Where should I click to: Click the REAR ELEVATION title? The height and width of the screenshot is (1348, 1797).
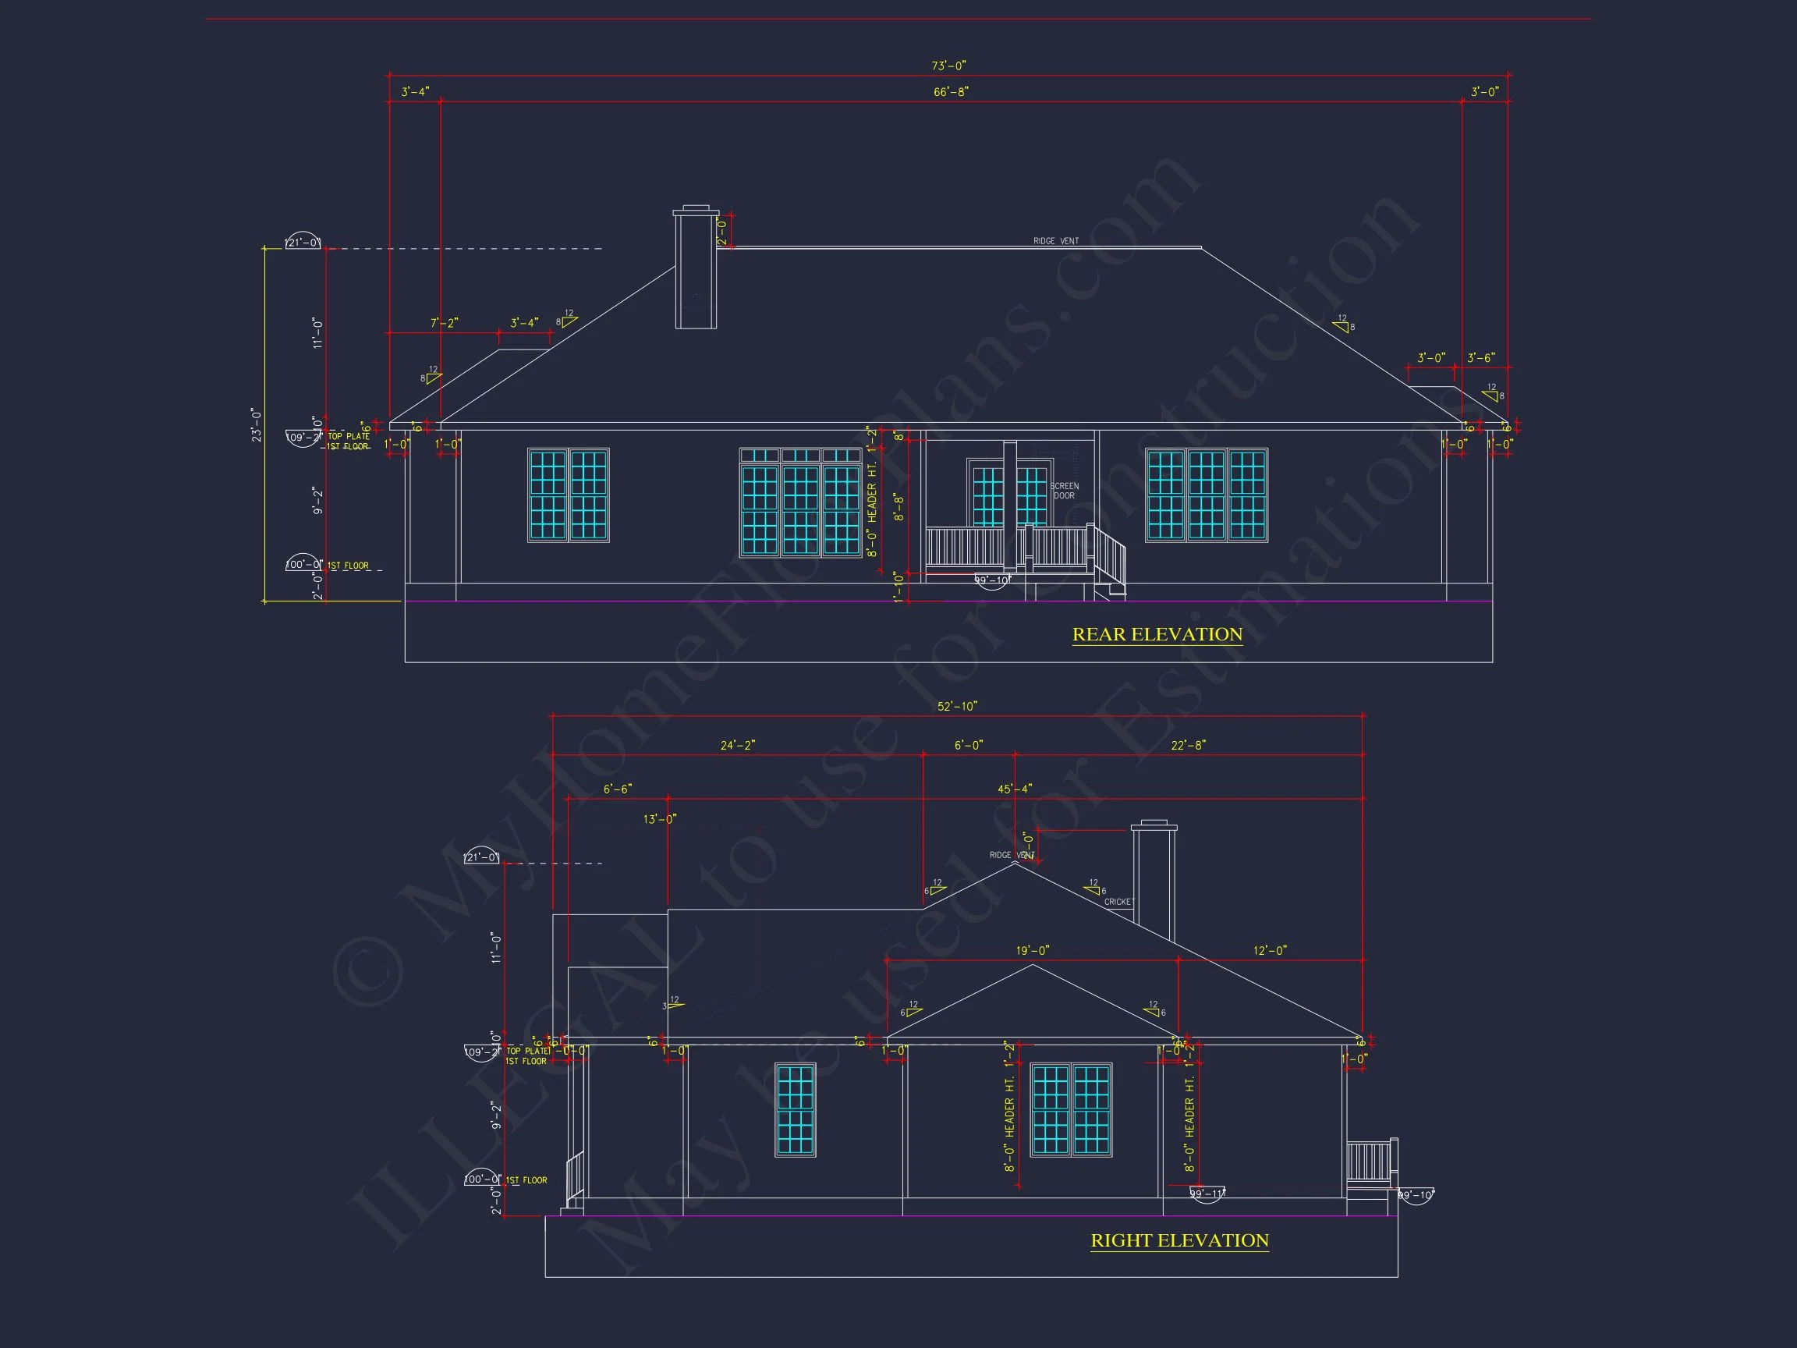pyautogui.click(x=1157, y=634)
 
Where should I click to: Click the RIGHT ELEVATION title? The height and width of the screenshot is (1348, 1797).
pyautogui.click(x=1179, y=1241)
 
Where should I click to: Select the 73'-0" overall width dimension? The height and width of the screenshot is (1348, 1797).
pyautogui.click(x=948, y=66)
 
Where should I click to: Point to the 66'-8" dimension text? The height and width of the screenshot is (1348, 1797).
pyautogui.click(x=951, y=93)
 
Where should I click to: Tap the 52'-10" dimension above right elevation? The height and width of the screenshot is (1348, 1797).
pyautogui.click(x=957, y=707)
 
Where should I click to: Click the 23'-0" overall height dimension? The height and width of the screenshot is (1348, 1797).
pyautogui.click(x=257, y=425)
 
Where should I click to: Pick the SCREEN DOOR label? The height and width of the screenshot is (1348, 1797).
pyautogui.click(x=1064, y=491)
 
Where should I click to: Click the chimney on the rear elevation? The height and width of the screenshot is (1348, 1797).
pyautogui.click(x=696, y=268)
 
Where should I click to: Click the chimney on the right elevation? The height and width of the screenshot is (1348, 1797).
pyautogui.click(x=1154, y=882)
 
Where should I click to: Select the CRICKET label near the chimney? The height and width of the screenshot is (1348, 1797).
pyautogui.click(x=1118, y=902)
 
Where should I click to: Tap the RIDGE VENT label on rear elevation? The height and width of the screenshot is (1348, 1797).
pyautogui.click(x=1055, y=241)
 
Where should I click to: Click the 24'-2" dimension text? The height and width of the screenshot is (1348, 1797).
pyautogui.click(x=738, y=746)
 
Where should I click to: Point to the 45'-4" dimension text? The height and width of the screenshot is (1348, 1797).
pyautogui.click(x=1015, y=789)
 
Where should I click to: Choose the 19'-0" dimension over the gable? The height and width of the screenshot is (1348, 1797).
pyautogui.click(x=1033, y=951)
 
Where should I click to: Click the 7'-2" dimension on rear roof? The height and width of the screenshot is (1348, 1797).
pyautogui.click(x=445, y=324)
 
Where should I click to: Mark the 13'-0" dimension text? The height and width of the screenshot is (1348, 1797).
pyautogui.click(x=660, y=819)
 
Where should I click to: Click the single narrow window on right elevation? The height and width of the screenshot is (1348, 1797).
pyautogui.click(x=796, y=1109)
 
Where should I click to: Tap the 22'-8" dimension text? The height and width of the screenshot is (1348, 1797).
pyautogui.click(x=1188, y=746)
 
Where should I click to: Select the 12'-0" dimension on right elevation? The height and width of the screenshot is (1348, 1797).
pyautogui.click(x=1270, y=951)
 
